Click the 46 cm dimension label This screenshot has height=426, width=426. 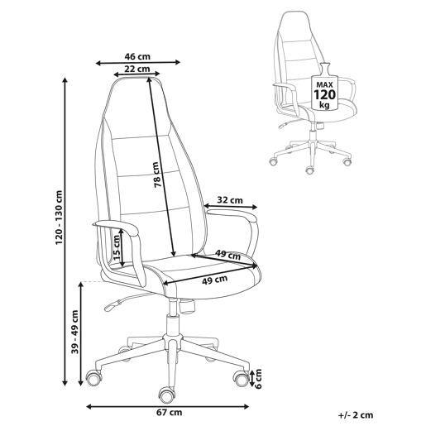(x=137, y=56)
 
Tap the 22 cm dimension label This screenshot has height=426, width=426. (x=137, y=69)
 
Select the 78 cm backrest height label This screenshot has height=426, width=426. (x=156, y=175)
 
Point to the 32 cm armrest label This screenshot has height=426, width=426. (x=230, y=200)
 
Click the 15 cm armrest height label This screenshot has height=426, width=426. (x=117, y=249)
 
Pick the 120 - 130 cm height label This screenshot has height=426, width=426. (x=60, y=218)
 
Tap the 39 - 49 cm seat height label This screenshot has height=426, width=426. (x=75, y=332)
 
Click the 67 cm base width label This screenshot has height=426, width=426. (x=170, y=413)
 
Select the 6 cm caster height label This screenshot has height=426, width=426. (x=258, y=379)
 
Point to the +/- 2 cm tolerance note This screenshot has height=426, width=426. (x=356, y=414)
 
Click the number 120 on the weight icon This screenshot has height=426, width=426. (x=325, y=94)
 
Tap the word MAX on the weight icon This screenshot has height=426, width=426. (x=324, y=84)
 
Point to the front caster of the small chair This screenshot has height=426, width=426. (x=310, y=170)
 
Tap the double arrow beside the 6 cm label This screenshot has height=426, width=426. (x=252, y=378)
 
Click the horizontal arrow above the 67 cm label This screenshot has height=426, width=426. (x=168, y=406)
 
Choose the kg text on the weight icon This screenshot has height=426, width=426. (x=324, y=105)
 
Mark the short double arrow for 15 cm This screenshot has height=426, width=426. (x=122, y=248)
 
